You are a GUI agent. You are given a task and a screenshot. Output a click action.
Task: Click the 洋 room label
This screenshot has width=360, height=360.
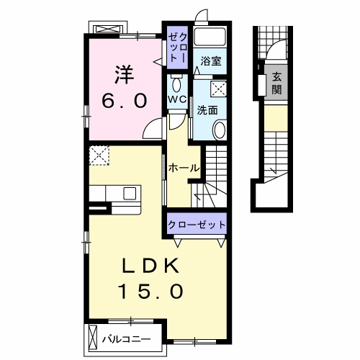[x=125, y=75]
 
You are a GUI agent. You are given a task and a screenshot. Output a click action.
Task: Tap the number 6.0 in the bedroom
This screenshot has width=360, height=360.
[x=124, y=101]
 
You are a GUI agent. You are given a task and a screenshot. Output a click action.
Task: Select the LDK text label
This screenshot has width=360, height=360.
[x=150, y=266]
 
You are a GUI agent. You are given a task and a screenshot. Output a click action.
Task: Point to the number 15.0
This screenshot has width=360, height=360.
[x=150, y=291]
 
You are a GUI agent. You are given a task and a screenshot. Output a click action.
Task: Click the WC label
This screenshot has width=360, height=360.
[x=177, y=99]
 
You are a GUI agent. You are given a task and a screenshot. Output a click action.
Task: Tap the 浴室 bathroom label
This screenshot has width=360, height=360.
[x=211, y=60]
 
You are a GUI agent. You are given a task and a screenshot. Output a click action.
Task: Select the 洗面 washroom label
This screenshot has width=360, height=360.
[x=207, y=110]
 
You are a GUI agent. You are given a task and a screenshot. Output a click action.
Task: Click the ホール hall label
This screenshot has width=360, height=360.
[x=184, y=168]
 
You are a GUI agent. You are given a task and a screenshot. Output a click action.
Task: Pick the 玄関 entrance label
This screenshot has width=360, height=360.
[x=276, y=84]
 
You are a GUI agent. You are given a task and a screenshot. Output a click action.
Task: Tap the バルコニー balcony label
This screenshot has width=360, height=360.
[x=127, y=339]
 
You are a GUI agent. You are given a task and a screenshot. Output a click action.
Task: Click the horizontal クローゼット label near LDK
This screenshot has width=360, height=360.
[x=197, y=225]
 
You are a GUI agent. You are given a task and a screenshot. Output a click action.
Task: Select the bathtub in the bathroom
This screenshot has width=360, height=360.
[x=210, y=37]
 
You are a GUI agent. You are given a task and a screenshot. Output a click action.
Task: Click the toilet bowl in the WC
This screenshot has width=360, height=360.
[x=177, y=84]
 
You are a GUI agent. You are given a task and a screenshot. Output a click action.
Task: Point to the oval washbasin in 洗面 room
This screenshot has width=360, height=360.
[x=220, y=130]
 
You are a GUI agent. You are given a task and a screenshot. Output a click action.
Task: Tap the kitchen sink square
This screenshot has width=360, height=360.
[x=130, y=194]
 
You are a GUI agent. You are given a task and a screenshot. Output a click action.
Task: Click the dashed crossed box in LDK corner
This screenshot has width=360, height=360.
[x=99, y=156]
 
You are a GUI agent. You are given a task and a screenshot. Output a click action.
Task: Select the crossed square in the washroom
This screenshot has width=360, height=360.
[x=219, y=89]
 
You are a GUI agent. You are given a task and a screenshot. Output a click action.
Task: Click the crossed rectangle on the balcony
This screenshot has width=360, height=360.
[x=93, y=338]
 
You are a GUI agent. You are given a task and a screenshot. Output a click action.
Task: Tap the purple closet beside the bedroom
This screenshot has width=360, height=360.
[x=177, y=48]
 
